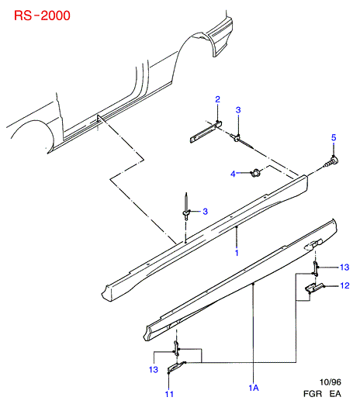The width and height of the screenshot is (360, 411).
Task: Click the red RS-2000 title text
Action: point(42,16)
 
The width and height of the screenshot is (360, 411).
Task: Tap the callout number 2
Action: point(217,99)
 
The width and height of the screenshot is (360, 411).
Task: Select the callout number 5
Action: point(334,137)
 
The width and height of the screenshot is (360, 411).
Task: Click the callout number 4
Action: point(233,174)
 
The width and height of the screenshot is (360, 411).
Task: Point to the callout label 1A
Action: point(254,388)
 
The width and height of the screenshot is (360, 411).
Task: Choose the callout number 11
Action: point(169,394)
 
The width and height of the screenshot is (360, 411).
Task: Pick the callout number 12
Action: point(344,285)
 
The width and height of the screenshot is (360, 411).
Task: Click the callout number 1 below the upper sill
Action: point(237,253)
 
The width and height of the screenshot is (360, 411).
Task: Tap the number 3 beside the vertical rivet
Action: point(206,211)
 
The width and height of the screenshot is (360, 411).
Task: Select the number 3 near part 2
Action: point(238,110)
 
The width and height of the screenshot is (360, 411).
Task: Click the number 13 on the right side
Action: point(344,267)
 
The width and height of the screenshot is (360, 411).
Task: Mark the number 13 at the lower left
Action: point(154,370)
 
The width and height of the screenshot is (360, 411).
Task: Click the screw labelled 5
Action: point(331,161)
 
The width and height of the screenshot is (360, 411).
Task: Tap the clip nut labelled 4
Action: point(255,173)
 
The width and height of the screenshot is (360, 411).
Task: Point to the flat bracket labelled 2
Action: point(206,131)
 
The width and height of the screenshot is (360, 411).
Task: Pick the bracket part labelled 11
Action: point(175,368)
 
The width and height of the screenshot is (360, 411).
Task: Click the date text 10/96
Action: point(331,382)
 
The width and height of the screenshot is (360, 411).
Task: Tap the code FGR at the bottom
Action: point(313,394)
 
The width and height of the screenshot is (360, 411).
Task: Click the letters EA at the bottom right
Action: point(335,394)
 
